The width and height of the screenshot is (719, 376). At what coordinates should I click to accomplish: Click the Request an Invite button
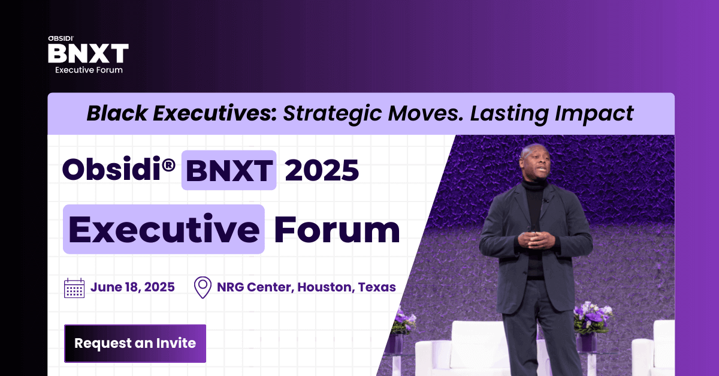click(135, 344)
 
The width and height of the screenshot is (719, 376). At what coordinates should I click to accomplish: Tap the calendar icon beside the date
click(74, 288)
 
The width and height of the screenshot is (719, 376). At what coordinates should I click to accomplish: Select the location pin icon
click(203, 287)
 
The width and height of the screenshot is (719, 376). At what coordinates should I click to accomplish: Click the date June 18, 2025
click(132, 287)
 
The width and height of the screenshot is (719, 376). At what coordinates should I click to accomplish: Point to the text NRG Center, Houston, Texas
click(306, 287)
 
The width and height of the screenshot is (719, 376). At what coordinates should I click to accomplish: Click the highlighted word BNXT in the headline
click(229, 170)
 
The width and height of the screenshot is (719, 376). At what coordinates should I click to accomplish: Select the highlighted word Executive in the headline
click(164, 230)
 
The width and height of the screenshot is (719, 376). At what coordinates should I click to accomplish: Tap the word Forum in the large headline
click(337, 230)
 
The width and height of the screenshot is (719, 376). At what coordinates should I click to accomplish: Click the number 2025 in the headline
click(322, 170)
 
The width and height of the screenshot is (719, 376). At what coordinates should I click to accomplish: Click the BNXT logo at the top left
click(88, 53)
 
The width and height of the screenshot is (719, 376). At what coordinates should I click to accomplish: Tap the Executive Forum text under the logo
click(89, 70)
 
